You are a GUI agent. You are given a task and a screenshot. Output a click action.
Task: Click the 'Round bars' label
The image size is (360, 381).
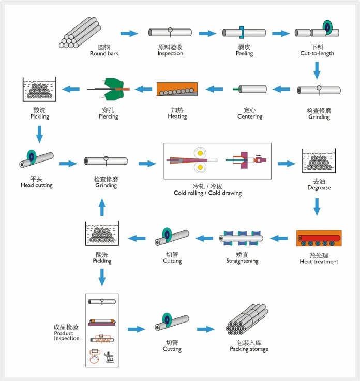(104, 53)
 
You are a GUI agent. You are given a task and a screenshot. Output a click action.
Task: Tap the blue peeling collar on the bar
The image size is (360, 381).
(242, 32)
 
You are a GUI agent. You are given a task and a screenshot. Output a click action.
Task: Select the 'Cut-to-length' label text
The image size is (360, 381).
(317, 53)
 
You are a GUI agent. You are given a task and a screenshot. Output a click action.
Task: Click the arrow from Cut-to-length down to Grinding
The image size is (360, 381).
(317, 70)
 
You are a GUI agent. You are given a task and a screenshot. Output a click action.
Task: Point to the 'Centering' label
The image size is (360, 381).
(250, 116)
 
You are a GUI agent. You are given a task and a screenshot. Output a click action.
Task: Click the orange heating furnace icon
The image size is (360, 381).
(177, 89)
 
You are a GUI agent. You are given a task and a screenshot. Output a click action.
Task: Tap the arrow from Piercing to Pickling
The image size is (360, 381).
(71, 89)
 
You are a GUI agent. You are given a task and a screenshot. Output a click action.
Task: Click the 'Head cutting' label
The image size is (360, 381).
(37, 185)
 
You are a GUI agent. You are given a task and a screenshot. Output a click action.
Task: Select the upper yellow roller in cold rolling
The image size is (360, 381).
(200, 153)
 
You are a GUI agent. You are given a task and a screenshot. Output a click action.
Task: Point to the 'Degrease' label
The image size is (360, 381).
(319, 188)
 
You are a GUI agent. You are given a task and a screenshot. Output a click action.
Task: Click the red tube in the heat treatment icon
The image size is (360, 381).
(319, 238)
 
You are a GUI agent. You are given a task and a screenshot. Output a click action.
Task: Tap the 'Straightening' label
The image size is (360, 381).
(242, 261)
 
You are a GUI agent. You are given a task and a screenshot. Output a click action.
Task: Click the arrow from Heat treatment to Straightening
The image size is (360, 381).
(279, 238)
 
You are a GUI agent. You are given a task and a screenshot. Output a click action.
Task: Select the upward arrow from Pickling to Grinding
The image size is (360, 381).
(102, 207)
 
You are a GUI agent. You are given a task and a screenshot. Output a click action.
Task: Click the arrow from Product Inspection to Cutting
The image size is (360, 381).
(137, 329)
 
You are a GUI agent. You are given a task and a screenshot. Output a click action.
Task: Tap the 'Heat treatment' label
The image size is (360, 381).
(319, 262)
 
